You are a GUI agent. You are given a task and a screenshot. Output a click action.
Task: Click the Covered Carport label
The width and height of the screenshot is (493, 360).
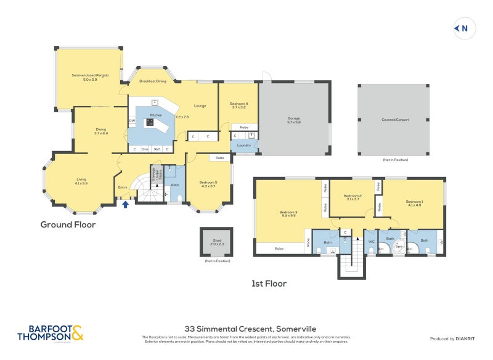pos(395,120)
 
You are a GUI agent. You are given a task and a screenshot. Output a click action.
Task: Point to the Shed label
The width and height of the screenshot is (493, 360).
pos(218,242)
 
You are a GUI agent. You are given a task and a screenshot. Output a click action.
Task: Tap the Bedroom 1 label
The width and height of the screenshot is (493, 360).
pos(414,202)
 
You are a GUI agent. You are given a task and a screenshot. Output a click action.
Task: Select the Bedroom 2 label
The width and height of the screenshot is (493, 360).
pos(352,196)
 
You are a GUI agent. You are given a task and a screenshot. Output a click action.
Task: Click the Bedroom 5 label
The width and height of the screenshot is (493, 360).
pos(208,182)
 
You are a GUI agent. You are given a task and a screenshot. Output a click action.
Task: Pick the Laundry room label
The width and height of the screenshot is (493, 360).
pos(243,145)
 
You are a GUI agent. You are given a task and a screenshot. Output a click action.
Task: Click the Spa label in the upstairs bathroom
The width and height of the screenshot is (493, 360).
pos(399,247)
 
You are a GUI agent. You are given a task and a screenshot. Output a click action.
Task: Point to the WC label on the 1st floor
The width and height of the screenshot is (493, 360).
pos(371,242)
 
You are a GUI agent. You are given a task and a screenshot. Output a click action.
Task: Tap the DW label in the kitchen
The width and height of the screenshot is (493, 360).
pos(132,121)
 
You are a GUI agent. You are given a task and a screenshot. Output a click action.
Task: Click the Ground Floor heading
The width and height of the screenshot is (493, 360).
pos(68,225)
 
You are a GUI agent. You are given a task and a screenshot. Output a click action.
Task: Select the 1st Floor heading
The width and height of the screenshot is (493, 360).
pos(269,284)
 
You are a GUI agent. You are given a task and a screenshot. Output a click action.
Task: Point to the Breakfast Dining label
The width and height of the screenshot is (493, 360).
pos(152,81)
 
